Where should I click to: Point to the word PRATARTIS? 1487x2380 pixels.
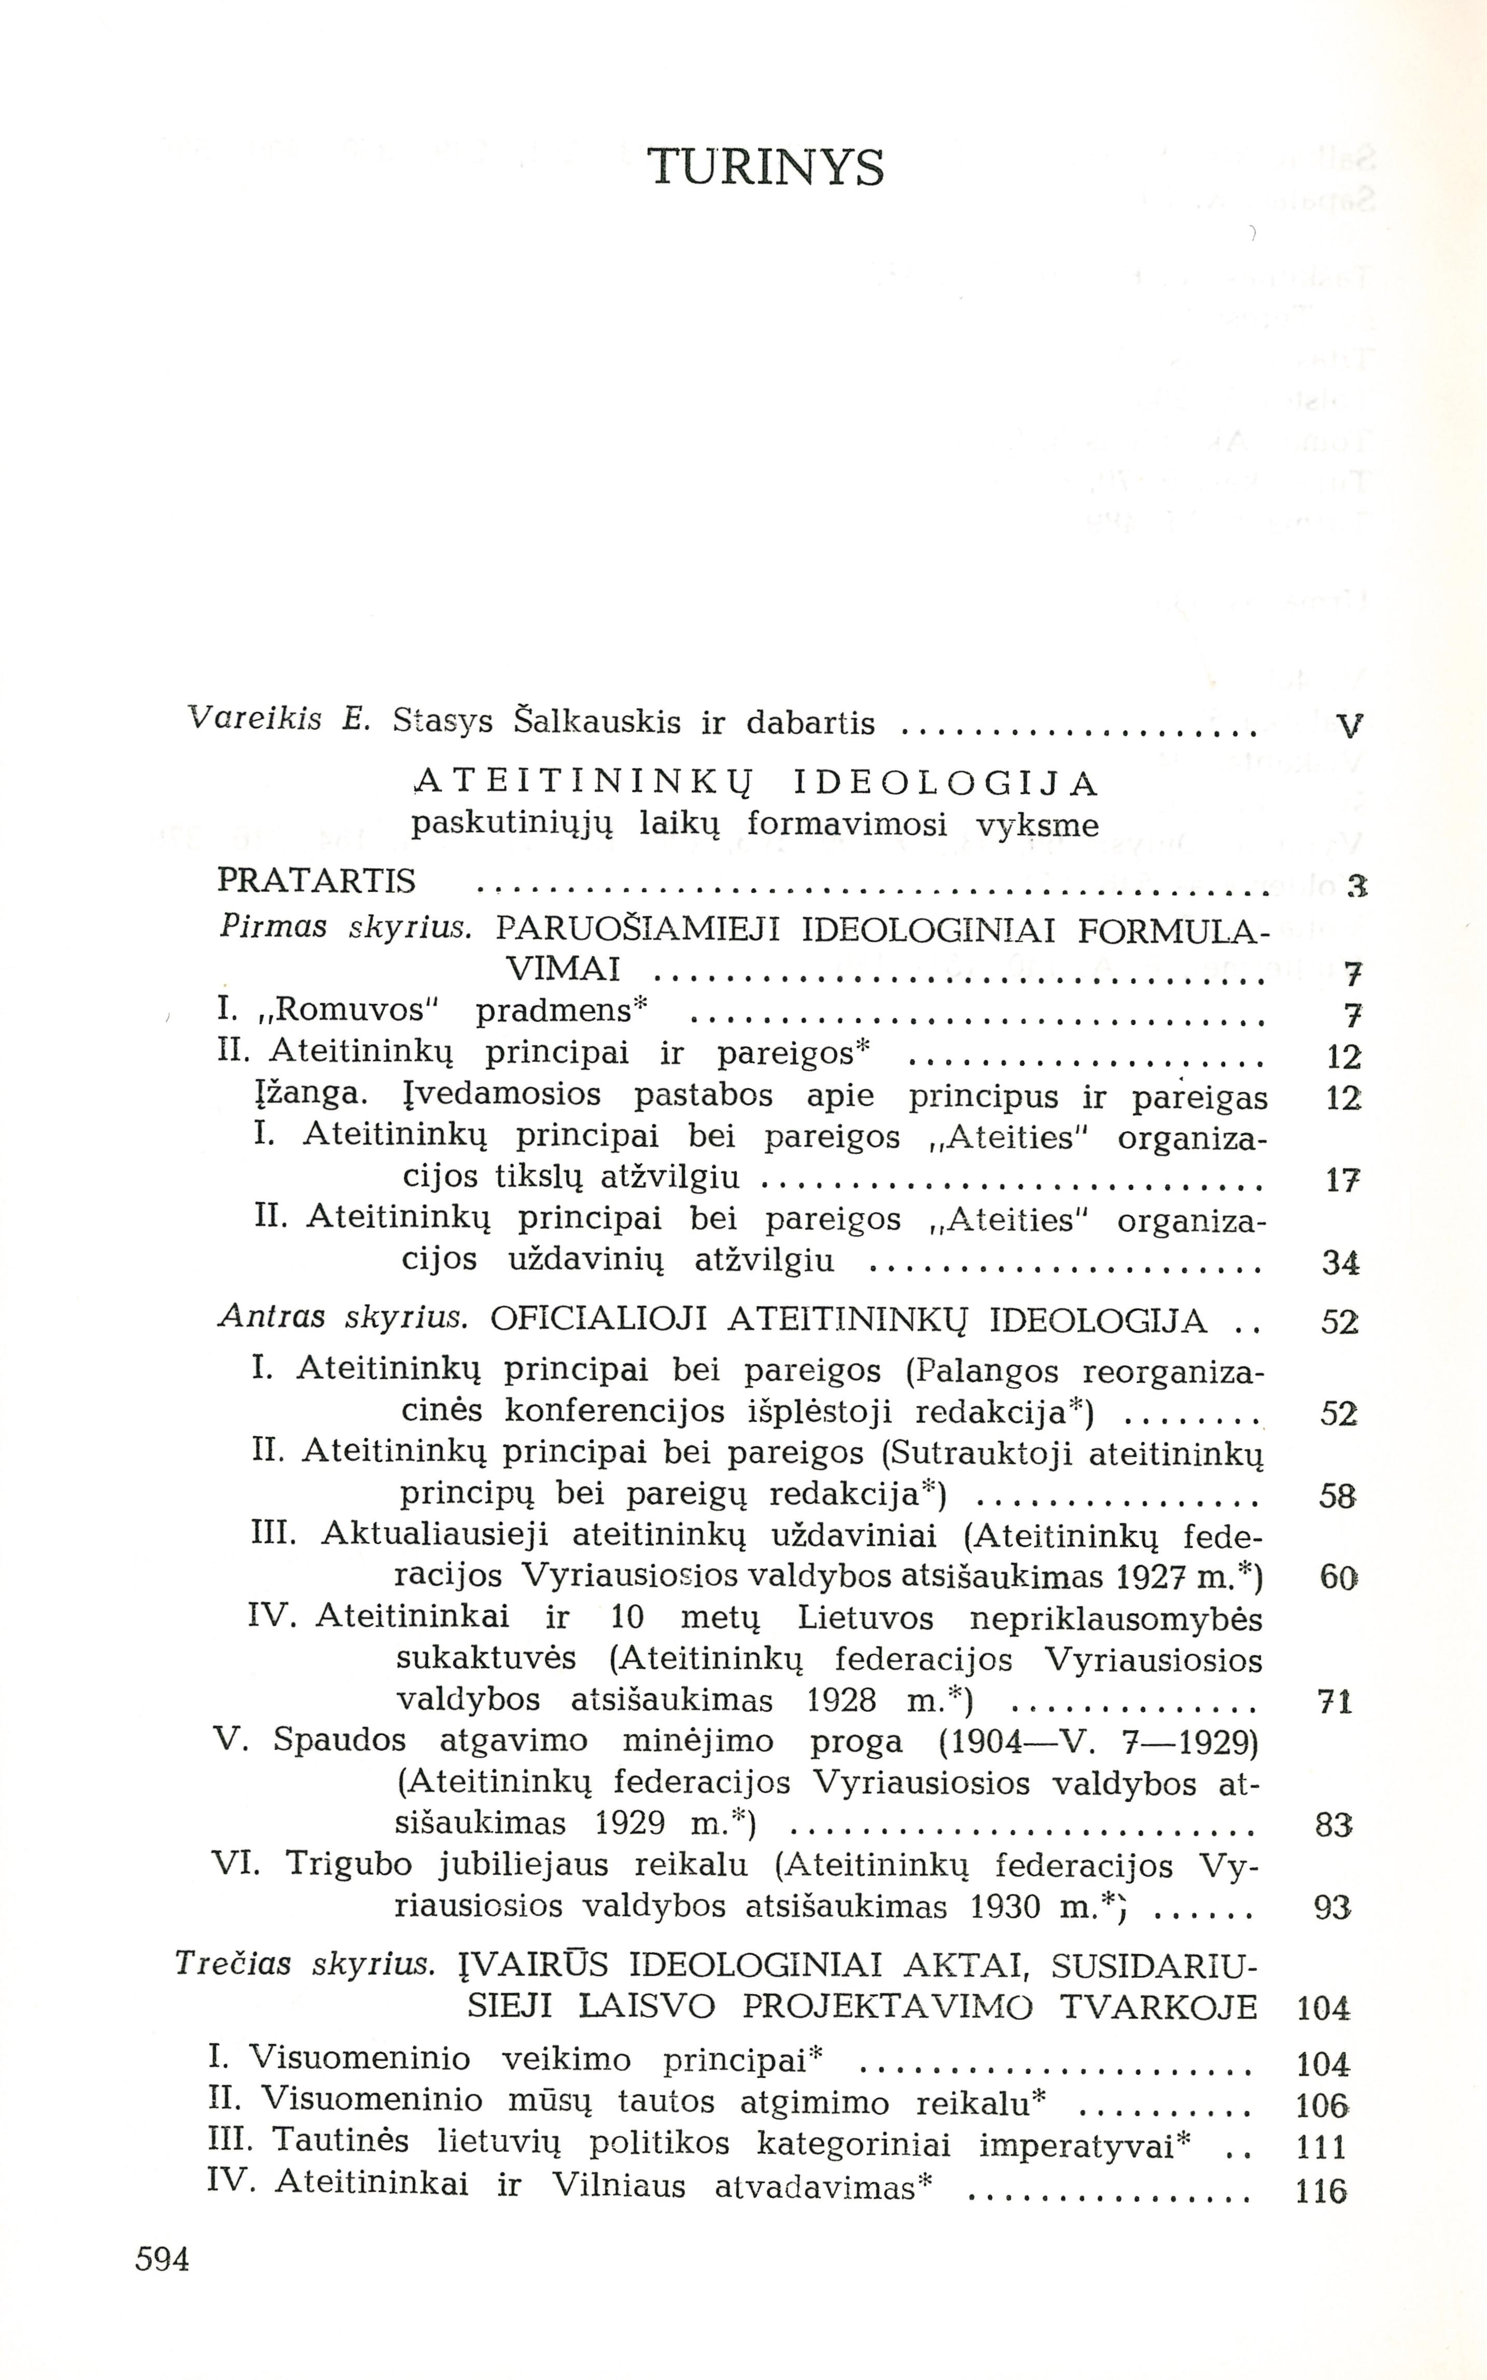[x=316, y=880]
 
